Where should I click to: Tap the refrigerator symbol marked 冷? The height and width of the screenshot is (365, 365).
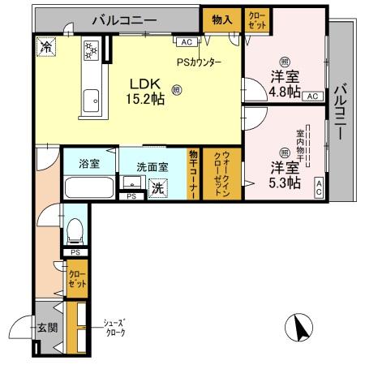(x=45, y=47)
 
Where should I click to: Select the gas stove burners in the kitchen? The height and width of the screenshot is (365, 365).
(x=91, y=50)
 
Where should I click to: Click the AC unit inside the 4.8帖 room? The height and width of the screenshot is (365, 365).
(x=312, y=96)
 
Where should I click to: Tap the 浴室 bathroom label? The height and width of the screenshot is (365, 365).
(x=89, y=163)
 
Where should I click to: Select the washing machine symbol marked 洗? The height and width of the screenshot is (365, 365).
(x=158, y=189)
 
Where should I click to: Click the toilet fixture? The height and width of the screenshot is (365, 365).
(x=74, y=229)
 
